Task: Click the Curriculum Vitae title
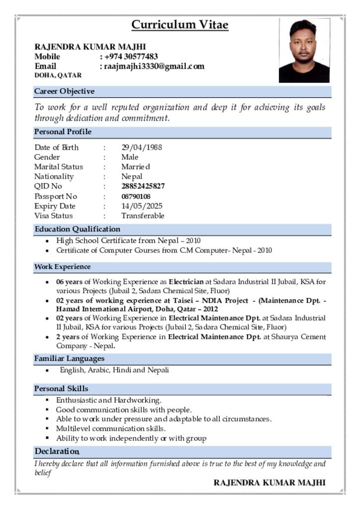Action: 180,25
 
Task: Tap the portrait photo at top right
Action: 304,50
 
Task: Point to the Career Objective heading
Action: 64,91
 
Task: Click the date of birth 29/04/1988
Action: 142,147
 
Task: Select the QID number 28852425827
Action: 143,186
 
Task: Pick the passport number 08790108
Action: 136,196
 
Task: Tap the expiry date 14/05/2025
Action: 142,206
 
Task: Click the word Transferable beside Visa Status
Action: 143,216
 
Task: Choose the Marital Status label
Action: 59,167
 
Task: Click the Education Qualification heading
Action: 77,229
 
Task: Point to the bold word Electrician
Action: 186,282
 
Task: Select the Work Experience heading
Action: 62,267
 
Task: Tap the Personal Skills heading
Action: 61,388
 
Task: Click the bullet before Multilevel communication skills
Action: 47,428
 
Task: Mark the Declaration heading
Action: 57,451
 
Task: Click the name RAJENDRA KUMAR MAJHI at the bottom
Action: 270,483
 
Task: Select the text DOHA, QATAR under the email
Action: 58,75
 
